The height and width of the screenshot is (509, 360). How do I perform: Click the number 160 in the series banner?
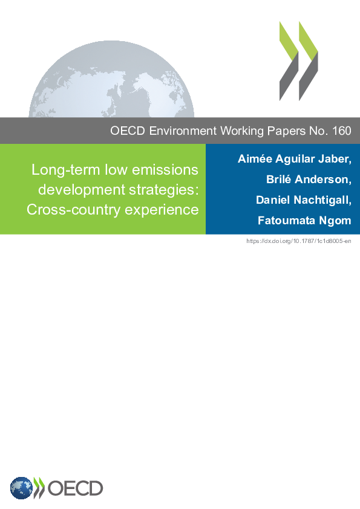pyautogui.click(x=341, y=131)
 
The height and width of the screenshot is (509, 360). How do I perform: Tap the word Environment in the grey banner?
pyautogui.click(x=183, y=131)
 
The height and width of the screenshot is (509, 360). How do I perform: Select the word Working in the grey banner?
pyautogui.click(x=242, y=131)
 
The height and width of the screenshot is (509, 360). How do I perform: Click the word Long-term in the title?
pyautogui.click(x=65, y=170)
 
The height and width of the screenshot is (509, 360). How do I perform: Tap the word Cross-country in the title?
pyautogui.click(x=74, y=210)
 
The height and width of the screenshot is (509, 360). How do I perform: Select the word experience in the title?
pyautogui.click(x=162, y=210)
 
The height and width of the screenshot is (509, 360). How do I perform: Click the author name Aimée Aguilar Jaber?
pyautogui.click(x=295, y=159)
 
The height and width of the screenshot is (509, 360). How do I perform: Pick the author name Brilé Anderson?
pyautogui.click(x=309, y=180)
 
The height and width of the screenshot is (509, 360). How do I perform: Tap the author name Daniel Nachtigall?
pyautogui.click(x=304, y=200)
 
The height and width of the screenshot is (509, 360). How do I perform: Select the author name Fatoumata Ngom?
pyautogui.click(x=304, y=221)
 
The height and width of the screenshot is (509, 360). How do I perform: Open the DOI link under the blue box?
pyautogui.click(x=299, y=241)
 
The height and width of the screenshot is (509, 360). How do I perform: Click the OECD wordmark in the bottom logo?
pyautogui.click(x=76, y=488)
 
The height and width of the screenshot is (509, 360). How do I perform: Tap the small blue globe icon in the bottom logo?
pyautogui.click(x=21, y=488)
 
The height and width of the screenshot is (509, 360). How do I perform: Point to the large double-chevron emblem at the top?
pyautogui.click(x=299, y=61)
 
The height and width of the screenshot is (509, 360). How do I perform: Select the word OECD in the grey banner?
pyautogui.click(x=128, y=131)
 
